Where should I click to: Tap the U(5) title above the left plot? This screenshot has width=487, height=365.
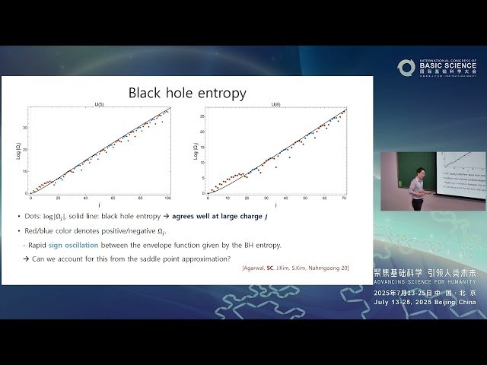[99, 104]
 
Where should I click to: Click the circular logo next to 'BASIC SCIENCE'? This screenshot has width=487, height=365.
[406, 67]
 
